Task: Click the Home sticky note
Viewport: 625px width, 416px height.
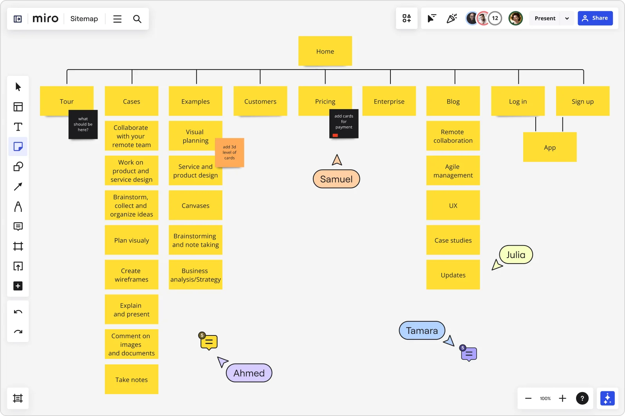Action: point(325,51)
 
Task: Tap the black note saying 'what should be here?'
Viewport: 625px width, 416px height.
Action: point(83,124)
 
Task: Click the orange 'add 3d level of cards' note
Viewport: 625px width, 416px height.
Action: point(230,152)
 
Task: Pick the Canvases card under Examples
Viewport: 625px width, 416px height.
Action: point(195,205)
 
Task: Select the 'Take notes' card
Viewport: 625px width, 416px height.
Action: point(132,379)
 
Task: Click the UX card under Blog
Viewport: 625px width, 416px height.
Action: point(453,205)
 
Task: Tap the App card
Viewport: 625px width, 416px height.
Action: point(550,147)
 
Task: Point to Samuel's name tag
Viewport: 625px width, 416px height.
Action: point(336,179)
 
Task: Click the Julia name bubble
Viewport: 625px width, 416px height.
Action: point(516,255)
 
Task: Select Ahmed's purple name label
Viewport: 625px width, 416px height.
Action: point(249,373)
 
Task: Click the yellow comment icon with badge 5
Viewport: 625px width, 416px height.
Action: point(209,342)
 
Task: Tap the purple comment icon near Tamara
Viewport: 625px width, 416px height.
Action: point(469,354)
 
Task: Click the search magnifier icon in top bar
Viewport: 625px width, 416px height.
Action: point(137,19)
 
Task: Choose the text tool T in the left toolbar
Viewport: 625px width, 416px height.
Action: point(18,127)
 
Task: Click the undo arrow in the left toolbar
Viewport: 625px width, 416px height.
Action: point(18,312)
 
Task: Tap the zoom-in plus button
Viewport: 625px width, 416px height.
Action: point(562,398)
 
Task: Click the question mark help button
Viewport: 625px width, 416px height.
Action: point(582,398)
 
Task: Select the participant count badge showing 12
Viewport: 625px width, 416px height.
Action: point(495,18)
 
